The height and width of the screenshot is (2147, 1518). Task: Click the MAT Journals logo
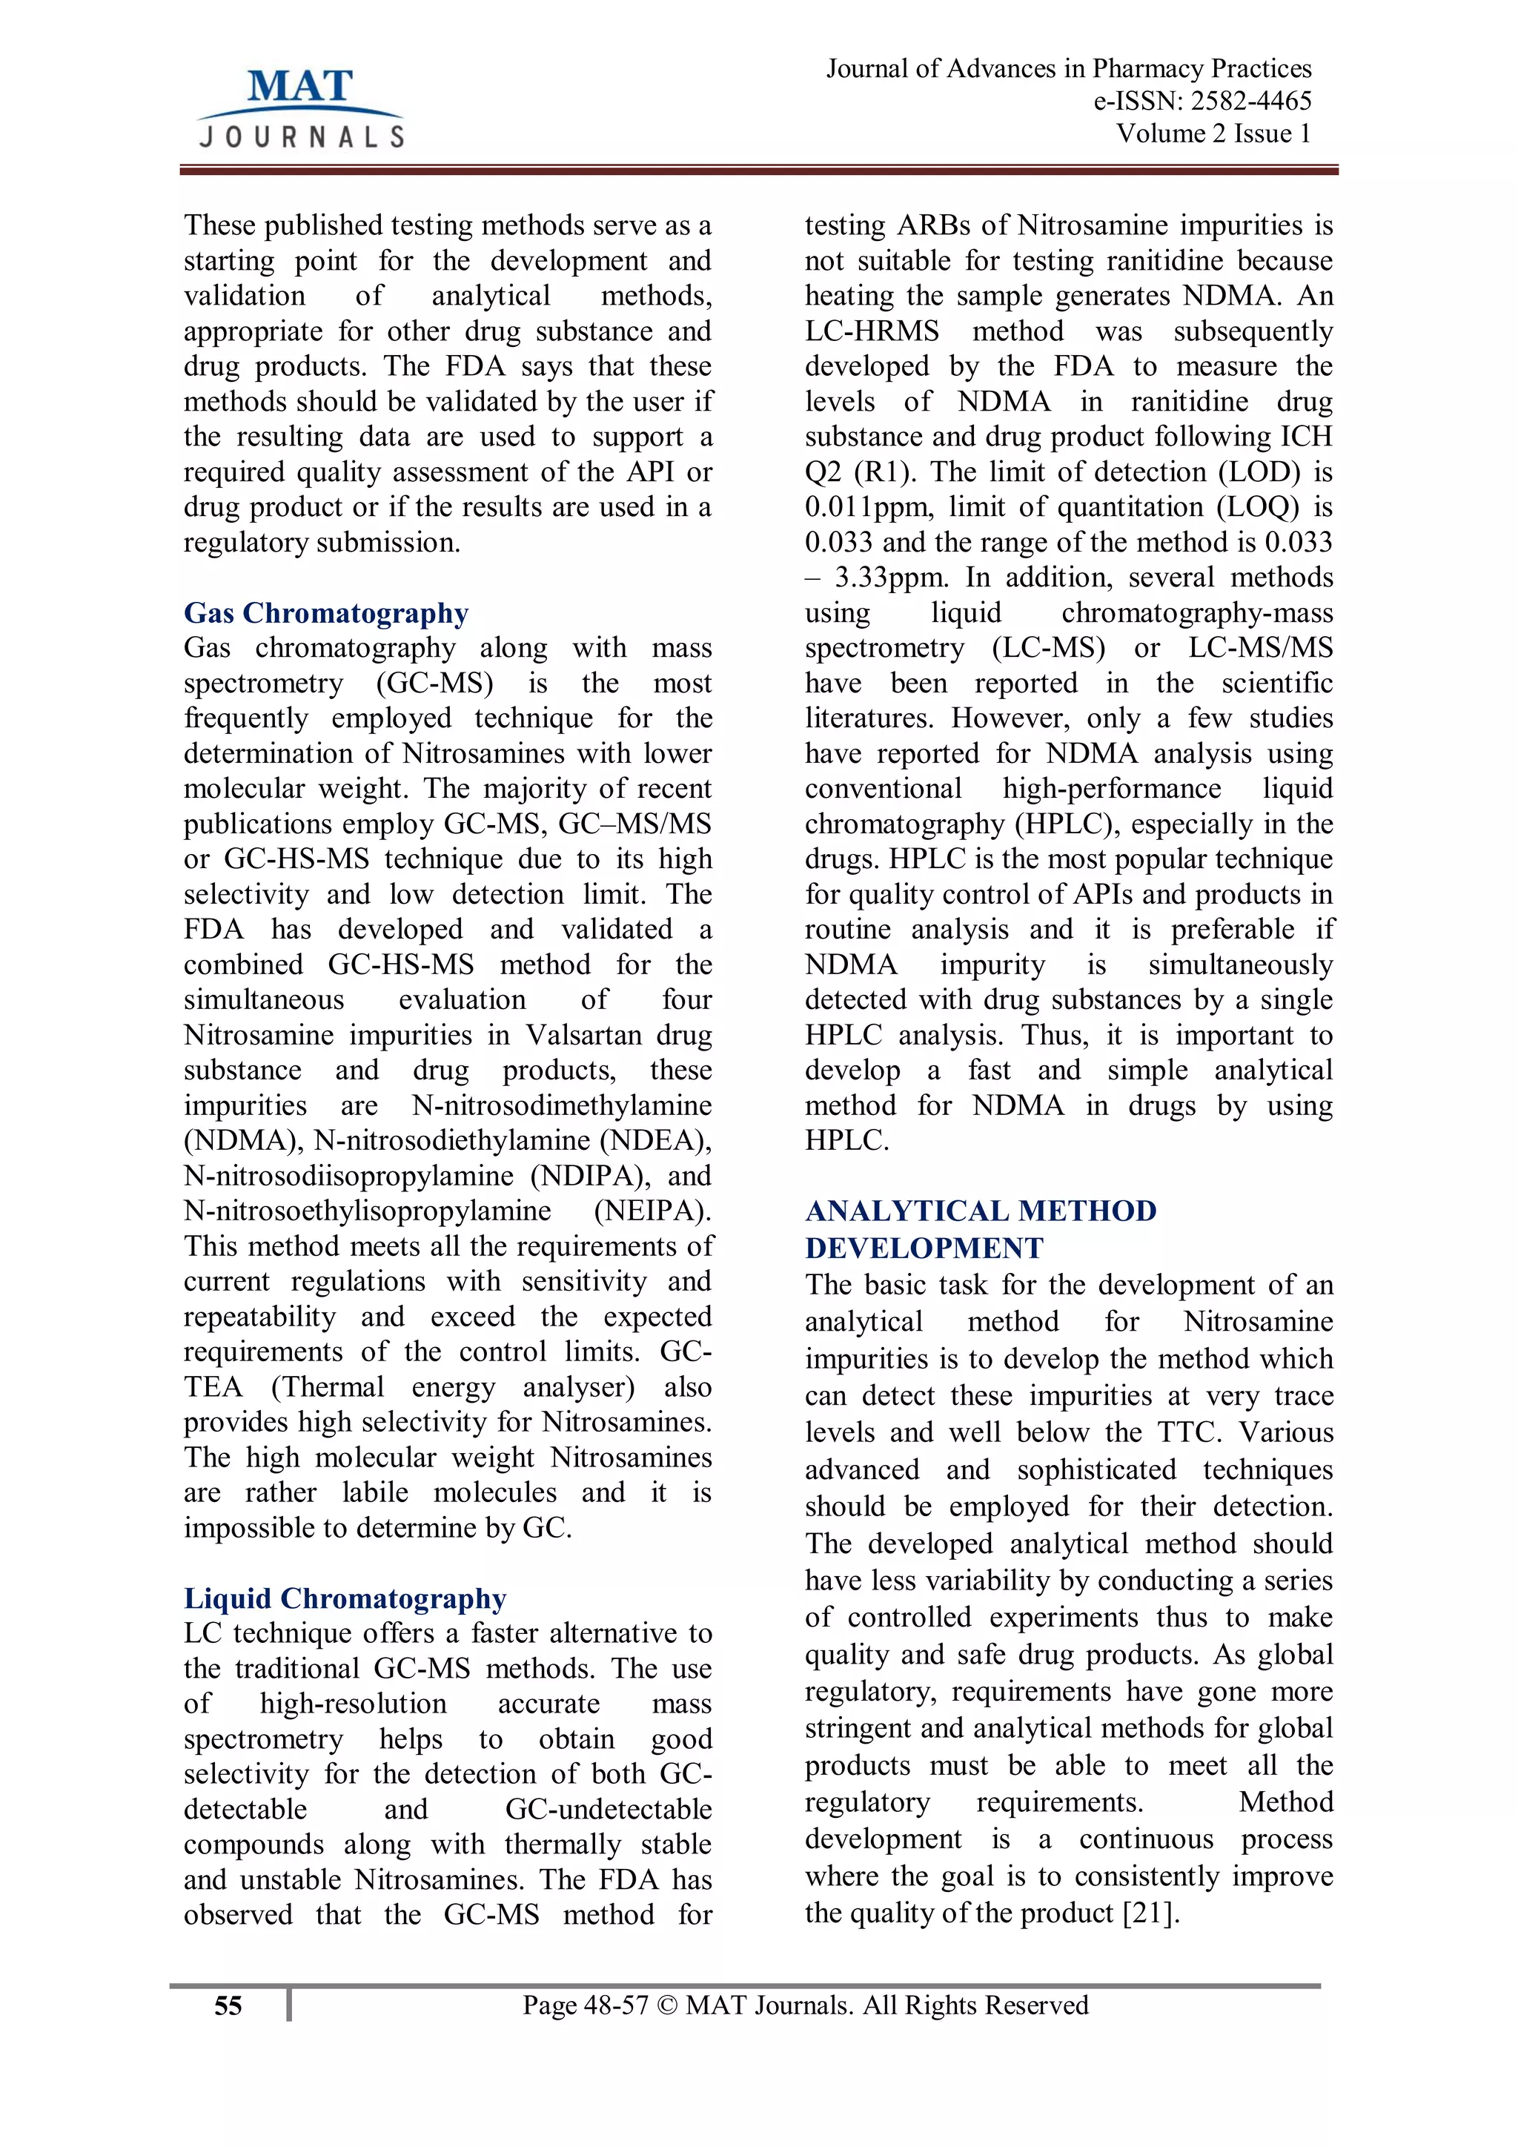tap(301, 107)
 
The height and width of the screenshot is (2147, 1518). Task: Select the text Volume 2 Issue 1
tap(1213, 133)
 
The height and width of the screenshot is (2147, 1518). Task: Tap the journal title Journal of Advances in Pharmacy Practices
tap(1068, 69)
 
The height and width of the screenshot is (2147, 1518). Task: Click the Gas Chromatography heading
tap(325, 612)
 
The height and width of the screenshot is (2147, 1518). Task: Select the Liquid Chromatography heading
tap(344, 1598)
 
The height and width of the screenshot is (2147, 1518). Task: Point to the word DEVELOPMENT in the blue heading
tap(924, 1248)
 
